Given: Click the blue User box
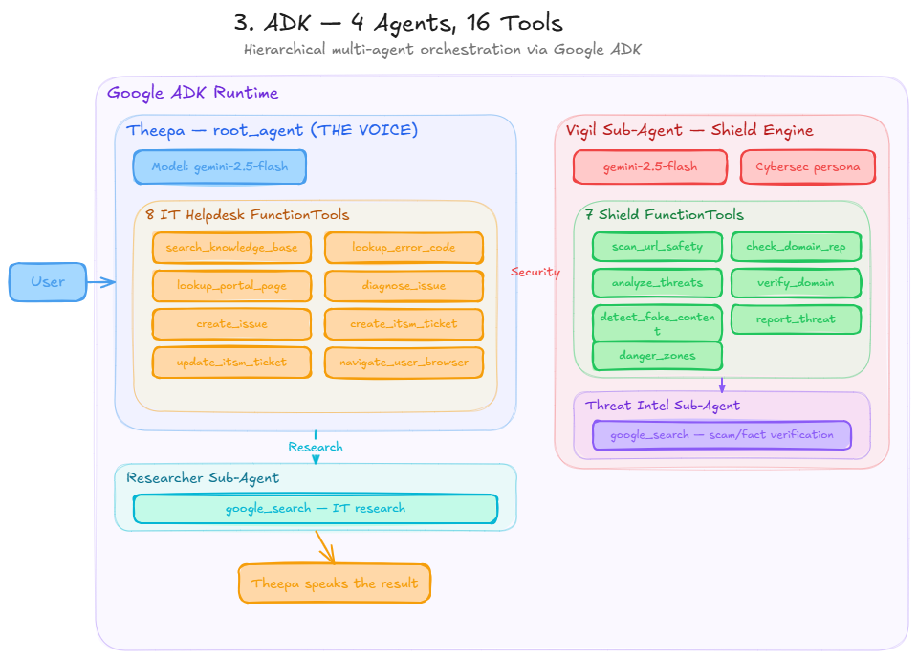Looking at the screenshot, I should click(48, 282).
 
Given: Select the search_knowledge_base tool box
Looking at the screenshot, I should click(231, 248).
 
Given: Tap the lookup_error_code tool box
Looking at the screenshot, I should click(404, 248).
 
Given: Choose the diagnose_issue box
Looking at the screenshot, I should click(404, 286).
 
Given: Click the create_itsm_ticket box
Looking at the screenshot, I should click(404, 324).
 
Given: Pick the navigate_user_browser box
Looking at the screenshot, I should click(404, 363).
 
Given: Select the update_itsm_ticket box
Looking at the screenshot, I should click(231, 363).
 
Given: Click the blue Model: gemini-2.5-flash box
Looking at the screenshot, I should click(219, 166).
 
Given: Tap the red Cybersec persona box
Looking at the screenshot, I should click(807, 166).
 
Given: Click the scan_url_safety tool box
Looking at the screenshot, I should click(657, 247).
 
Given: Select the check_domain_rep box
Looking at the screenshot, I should click(796, 247).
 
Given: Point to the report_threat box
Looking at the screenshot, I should click(796, 319).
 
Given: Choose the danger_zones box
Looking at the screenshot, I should click(657, 356).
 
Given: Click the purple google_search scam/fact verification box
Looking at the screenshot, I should click(721, 435).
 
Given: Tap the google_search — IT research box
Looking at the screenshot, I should click(316, 509).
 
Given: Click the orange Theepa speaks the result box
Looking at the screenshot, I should click(335, 583).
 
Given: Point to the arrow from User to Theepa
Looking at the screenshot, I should click(100, 282).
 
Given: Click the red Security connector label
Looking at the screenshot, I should click(535, 273).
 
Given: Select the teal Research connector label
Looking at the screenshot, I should click(316, 447).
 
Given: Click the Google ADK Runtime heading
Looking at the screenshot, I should click(193, 93).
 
